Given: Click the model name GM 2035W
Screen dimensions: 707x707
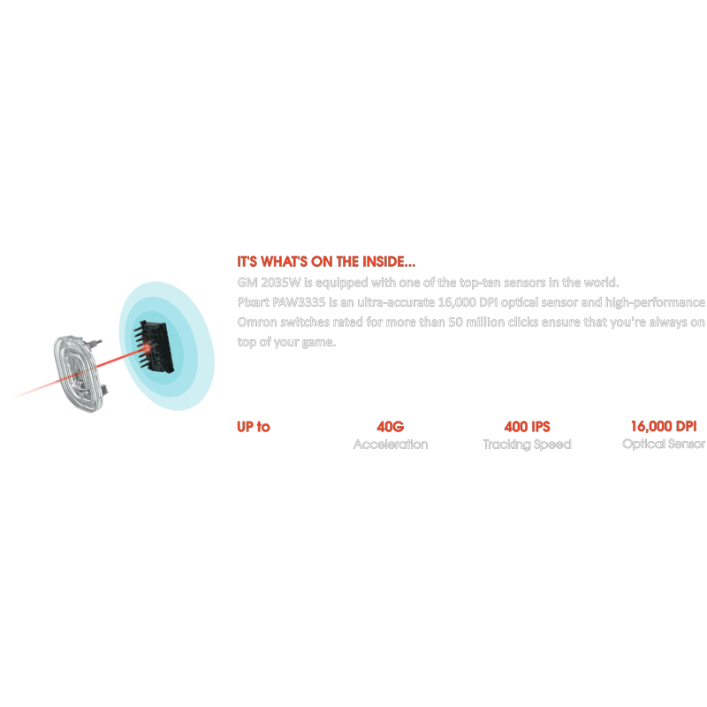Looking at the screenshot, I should click(x=262, y=282).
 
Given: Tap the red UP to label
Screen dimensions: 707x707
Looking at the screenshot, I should click(x=254, y=427).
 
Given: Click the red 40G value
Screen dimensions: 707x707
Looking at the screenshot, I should click(x=390, y=427).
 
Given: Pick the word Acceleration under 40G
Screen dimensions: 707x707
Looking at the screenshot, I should click(x=390, y=445).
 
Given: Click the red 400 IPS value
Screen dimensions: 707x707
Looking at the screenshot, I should click(x=527, y=427).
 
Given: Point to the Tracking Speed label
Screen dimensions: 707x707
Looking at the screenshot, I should click(x=527, y=445).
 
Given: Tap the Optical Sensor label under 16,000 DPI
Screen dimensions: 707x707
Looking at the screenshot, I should click(x=664, y=445).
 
